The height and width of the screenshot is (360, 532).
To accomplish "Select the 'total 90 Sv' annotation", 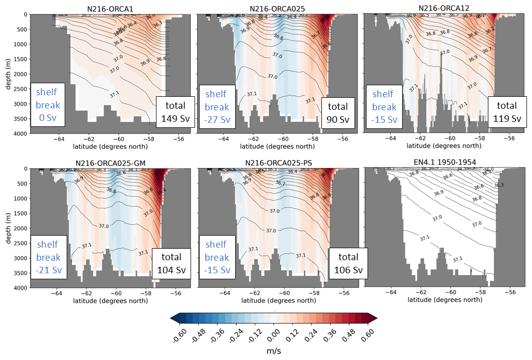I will tap(337, 113).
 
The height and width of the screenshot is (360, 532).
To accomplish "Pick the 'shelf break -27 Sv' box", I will tap(217, 107).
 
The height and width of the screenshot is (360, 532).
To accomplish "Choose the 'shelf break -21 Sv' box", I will tap(48, 257).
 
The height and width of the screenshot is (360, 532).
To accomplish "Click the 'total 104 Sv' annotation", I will tap(172, 264).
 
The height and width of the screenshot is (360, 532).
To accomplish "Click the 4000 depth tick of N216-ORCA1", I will tap(21, 133).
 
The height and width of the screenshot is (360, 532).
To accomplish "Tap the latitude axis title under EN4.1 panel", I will tap(445, 299).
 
